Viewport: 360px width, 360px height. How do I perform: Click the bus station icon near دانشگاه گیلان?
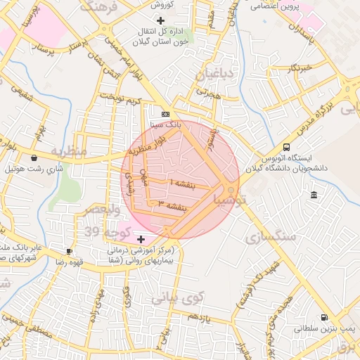tap(286, 147)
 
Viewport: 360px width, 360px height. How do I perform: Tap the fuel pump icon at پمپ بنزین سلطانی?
tap(323, 317)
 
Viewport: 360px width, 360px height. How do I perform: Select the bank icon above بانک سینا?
tap(165, 114)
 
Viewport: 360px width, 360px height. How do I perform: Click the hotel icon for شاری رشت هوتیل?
tap(34, 158)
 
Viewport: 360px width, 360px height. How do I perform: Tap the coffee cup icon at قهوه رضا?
tap(69, 251)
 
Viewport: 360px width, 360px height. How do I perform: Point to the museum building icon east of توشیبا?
tap(313, 194)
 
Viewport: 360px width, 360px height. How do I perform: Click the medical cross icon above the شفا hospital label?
tap(141, 240)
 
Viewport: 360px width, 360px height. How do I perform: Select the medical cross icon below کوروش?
tap(161, 20)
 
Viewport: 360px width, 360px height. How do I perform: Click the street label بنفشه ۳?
tap(173, 205)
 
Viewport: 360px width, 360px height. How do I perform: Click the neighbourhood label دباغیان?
tap(208, 73)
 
